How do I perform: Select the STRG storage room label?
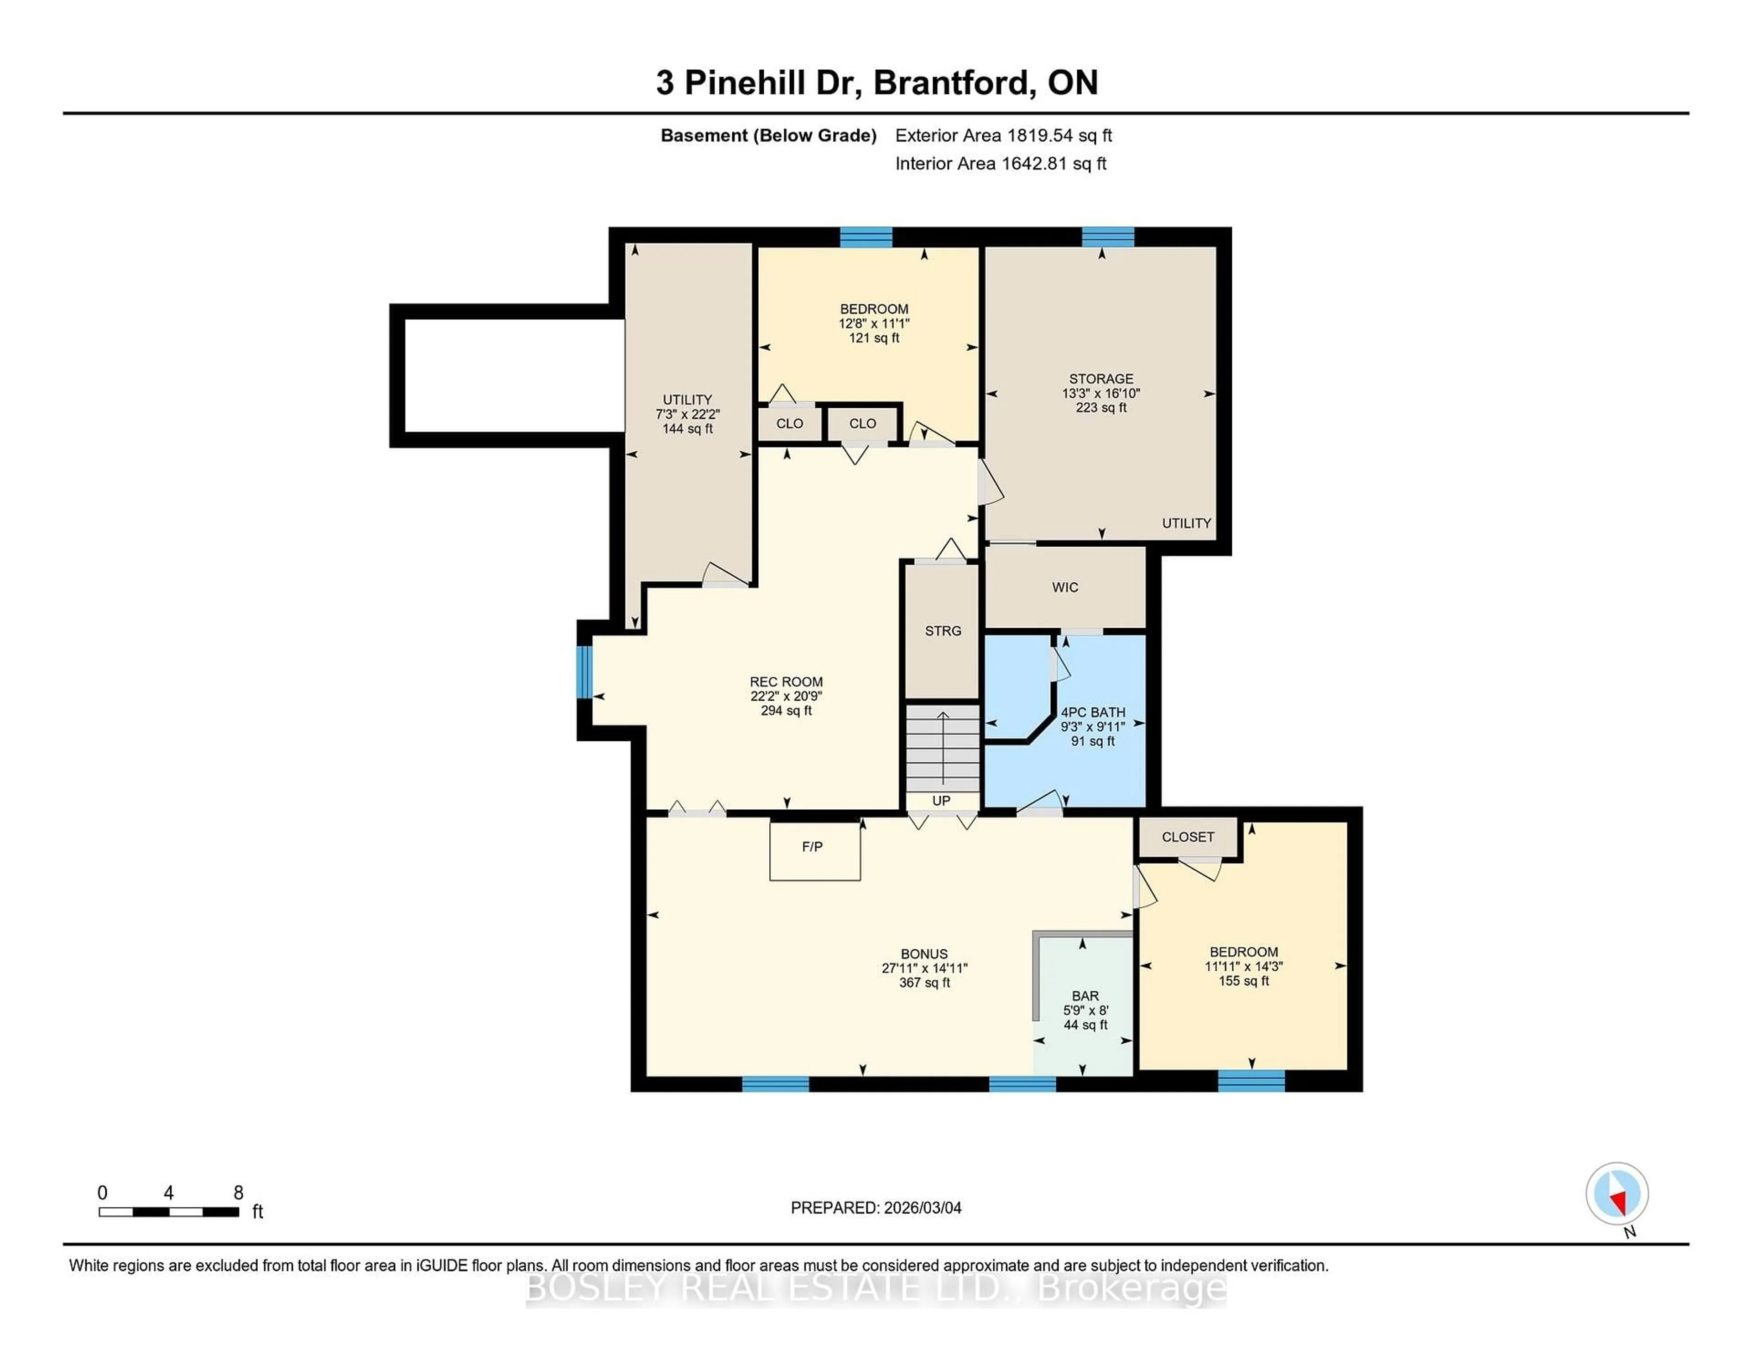(x=943, y=631)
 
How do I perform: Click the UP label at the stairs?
(x=941, y=801)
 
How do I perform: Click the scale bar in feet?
(x=168, y=1211)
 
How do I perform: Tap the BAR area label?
(x=1085, y=995)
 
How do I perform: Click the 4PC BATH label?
(x=1093, y=712)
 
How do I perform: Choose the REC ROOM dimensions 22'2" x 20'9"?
(x=786, y=696)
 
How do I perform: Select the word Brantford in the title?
(x=949, y=83)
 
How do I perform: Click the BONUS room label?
(x=924, y=954)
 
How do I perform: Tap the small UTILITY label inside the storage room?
(x=1186, y=523)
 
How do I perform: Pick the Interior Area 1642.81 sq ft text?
(x=1001, y=164)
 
